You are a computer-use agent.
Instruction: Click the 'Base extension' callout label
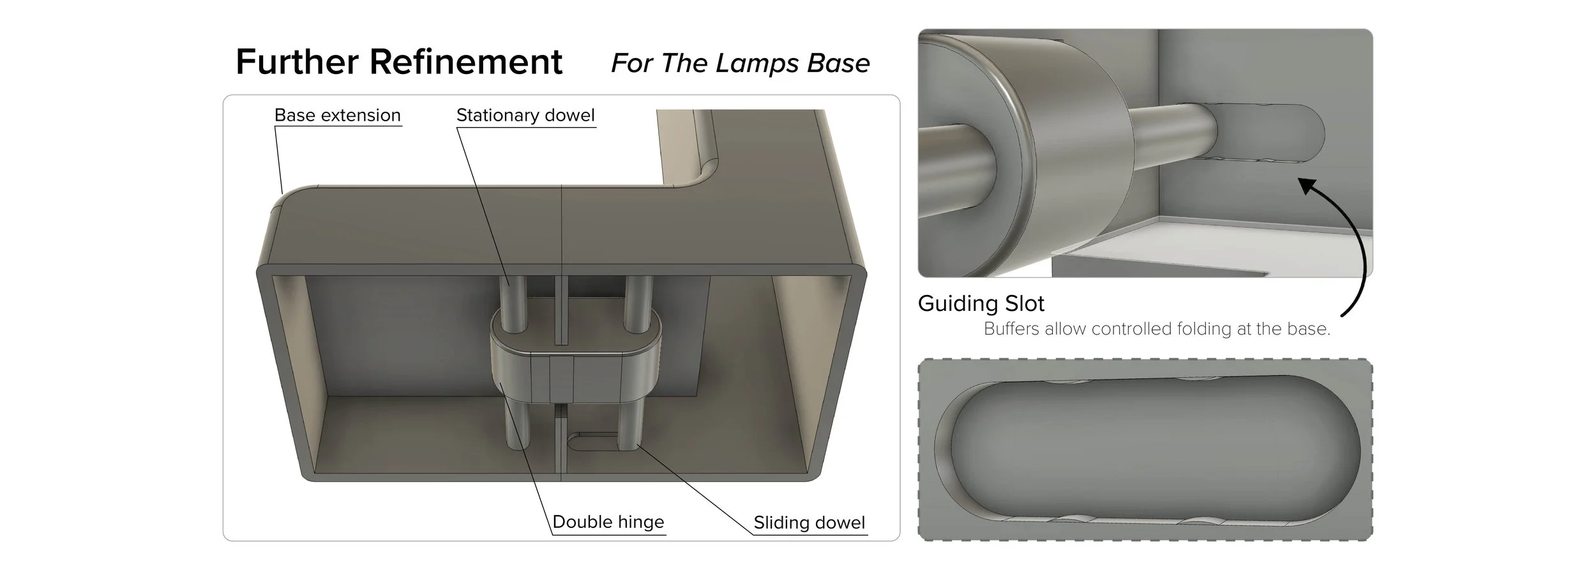[337, 115]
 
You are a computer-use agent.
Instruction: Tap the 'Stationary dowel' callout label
[525, 115]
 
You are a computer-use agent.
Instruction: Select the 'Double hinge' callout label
[608, 521]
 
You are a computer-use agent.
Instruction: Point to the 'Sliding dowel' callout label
[809, 522]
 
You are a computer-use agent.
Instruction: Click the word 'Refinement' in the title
[465, 62]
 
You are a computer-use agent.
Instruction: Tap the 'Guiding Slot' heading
[981, 303]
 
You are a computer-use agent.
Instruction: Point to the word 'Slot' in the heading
[1024, 303]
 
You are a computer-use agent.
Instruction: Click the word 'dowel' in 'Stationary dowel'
[569, 115]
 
